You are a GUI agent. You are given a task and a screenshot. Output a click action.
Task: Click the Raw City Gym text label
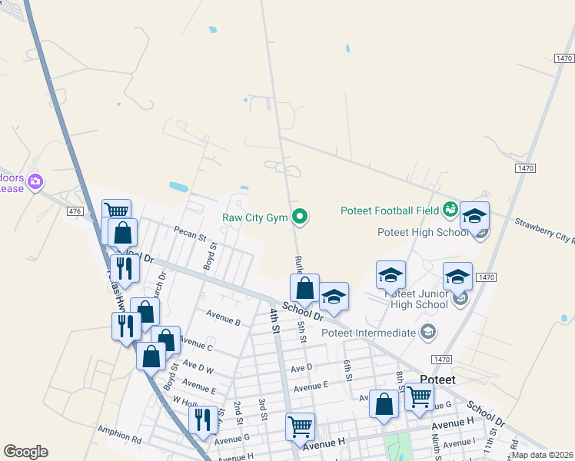[254, 218]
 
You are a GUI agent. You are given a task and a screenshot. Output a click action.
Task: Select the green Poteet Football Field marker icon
[450, 210]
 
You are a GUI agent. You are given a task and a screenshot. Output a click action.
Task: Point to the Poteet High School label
[423, 233]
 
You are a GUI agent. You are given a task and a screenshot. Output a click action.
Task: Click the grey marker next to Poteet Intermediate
[428, 333]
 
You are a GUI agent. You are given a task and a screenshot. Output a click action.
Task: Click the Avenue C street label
[196, 347]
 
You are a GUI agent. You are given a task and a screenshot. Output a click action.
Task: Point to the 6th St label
[348, 370]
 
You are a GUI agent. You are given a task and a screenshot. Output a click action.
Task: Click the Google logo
[25, 452]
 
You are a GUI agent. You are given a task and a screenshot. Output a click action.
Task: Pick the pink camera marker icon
[35, 182]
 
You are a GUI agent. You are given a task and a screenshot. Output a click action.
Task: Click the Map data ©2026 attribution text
[541, 455]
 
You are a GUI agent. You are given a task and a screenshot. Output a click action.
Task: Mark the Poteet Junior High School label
[410, 299]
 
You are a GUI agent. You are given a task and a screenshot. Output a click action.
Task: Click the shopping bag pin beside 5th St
[305, 289]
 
